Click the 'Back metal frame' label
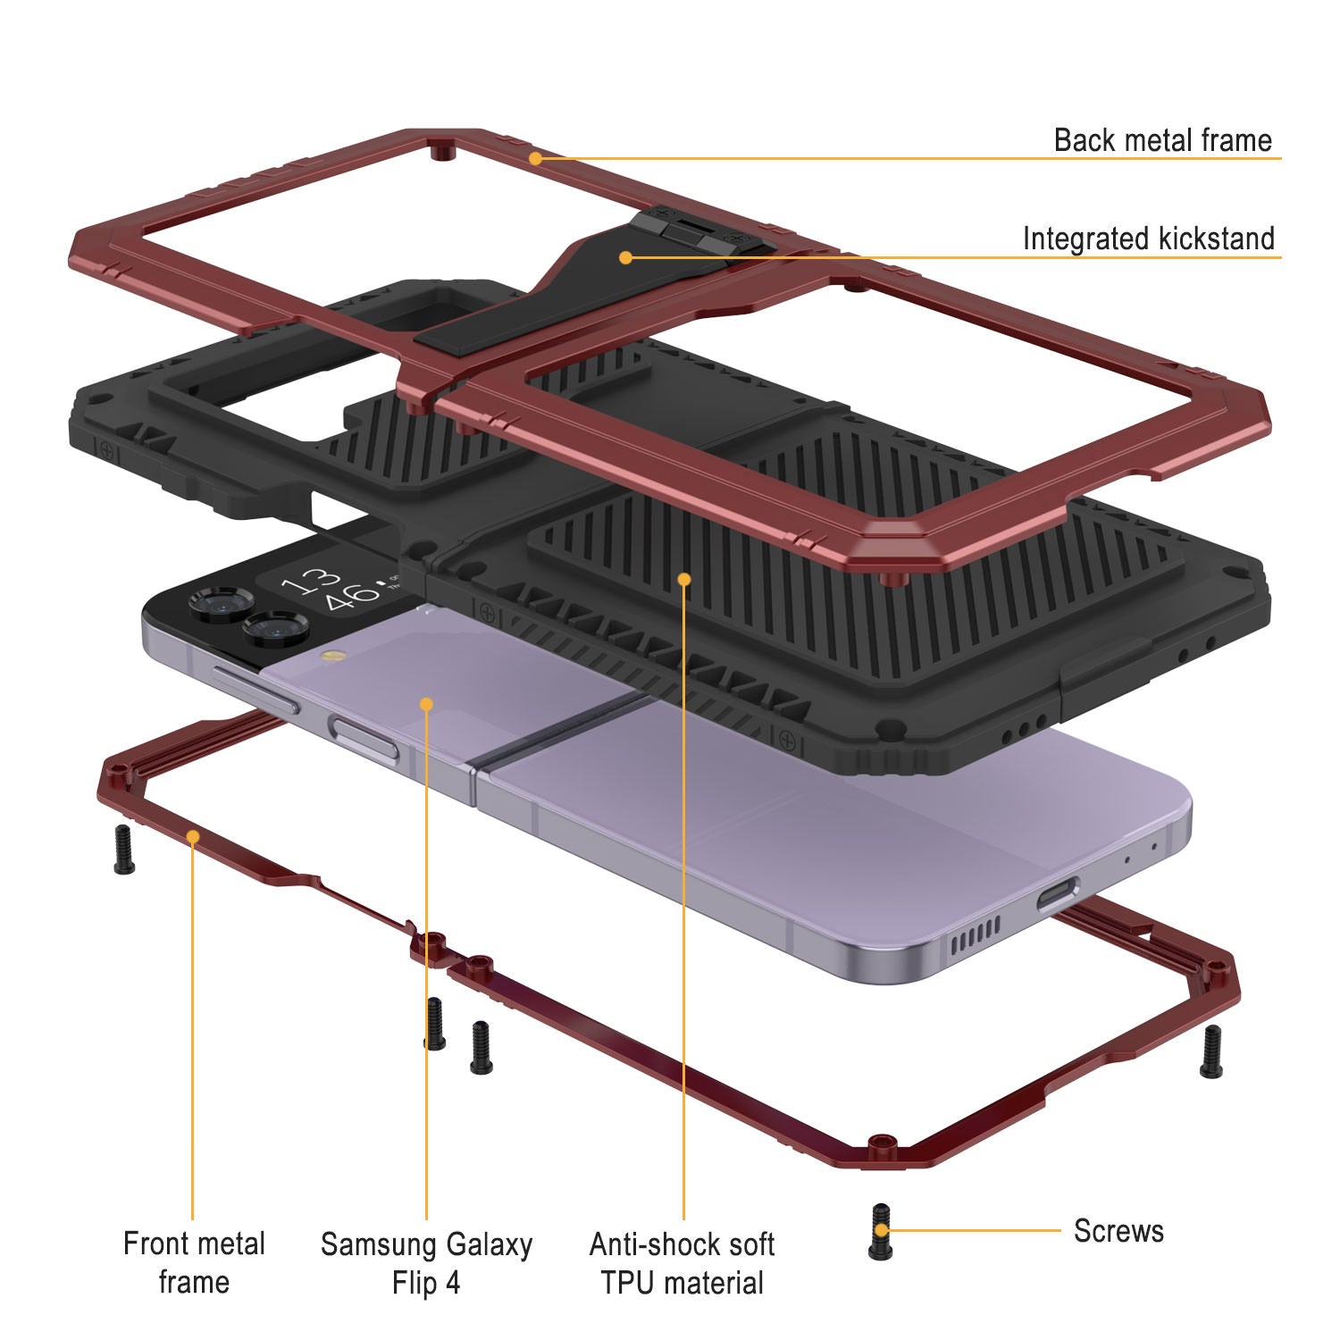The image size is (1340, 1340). [x=1162, y=140]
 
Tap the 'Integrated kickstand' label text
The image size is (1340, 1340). [x=1148, y=239]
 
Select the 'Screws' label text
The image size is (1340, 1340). [x=1118, y=1230]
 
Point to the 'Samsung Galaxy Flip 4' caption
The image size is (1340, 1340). [x=426, y=1263]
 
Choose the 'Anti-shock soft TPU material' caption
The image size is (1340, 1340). [x=683, y=1263]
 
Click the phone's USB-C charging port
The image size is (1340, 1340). [x=1058, y=893]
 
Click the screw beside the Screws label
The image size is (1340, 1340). [x=880, y=1232]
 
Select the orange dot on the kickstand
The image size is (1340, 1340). [x=626, y=257]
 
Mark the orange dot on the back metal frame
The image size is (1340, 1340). [x=534, y=159]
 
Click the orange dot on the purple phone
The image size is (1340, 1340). [x=426, y=704]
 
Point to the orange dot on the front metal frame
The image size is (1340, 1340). [x=192, y=836]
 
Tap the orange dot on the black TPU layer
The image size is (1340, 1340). [x=684, y=579]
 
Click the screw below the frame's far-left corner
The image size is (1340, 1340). [x=123, y=850]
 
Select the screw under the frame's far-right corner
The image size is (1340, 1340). [x=1210, y=1051]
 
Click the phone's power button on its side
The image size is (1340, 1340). [x=364, y=735]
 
